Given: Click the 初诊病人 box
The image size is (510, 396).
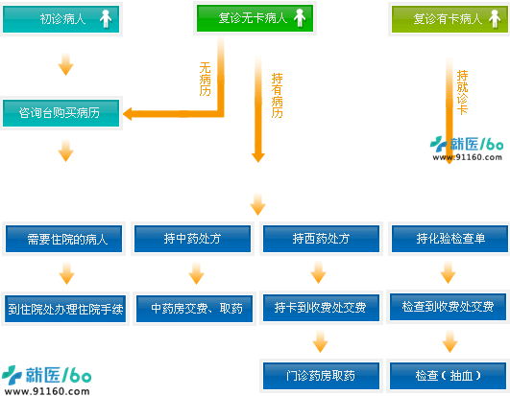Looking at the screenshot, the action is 61,19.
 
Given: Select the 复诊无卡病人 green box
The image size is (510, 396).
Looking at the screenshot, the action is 255,18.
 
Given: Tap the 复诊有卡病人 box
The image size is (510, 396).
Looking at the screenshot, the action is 449,19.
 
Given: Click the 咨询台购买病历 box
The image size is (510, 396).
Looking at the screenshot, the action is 61,113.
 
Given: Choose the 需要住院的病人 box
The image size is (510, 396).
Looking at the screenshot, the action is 63,239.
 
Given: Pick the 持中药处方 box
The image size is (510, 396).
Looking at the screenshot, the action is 192,239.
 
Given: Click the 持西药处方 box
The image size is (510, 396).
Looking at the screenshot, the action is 321,239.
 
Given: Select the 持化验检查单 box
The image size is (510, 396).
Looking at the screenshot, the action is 449,239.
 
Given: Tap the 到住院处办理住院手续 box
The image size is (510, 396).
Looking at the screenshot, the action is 65,309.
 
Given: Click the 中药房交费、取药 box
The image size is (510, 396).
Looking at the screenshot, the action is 195,309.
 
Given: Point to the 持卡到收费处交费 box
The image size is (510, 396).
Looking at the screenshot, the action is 321,308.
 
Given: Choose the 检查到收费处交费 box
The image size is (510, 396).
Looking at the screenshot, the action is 449,307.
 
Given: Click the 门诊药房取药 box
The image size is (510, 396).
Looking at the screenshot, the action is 321,376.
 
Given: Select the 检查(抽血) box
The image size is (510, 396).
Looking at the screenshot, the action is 449,376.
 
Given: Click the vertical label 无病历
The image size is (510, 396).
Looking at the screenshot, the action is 205,80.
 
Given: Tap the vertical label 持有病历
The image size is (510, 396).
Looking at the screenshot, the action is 278,96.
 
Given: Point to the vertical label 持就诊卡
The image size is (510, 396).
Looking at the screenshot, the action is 463,92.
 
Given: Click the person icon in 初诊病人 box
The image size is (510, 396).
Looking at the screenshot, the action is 106,19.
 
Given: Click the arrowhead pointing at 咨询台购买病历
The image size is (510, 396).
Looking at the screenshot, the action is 128,114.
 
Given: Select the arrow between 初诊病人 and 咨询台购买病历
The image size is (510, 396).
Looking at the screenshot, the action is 65,64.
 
